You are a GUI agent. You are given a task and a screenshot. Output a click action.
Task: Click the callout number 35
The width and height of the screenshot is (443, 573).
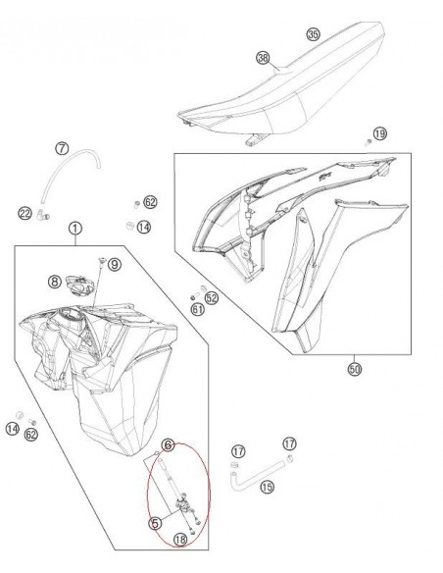[313, 34]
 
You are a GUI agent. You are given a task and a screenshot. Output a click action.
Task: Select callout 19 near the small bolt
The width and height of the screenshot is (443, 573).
[380, 132]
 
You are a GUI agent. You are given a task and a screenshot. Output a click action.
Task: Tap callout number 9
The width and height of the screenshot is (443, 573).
[114, 264]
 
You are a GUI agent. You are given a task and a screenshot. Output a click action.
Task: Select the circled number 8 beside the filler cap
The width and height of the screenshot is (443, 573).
[55, 282]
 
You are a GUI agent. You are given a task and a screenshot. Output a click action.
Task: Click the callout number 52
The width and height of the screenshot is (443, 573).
[211, 296]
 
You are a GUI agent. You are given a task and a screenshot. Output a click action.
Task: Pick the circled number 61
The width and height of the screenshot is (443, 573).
[197, 309]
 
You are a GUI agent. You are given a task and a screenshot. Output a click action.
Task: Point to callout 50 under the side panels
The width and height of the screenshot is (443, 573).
[354, 369]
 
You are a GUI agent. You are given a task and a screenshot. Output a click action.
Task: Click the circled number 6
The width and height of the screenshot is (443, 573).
[168, 445]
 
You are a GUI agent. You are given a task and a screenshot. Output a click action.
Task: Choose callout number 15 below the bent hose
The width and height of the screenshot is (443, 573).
[267, 486]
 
